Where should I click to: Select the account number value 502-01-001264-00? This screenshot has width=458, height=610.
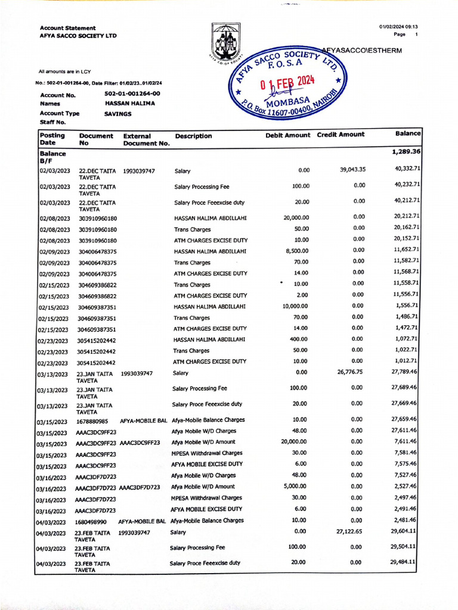(132, 94)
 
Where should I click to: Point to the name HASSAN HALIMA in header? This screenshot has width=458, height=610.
(129, 103)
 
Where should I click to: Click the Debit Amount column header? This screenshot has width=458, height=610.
(287, 135)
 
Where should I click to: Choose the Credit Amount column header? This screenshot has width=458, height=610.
(341, 135)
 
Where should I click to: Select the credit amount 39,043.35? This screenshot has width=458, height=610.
(352, 170)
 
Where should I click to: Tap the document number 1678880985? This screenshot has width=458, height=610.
(92, 421)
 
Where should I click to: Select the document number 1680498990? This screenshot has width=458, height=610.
(91, 521)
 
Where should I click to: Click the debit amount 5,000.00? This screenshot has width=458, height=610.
(294, 487)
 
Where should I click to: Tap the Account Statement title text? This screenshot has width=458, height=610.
(67, 28)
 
